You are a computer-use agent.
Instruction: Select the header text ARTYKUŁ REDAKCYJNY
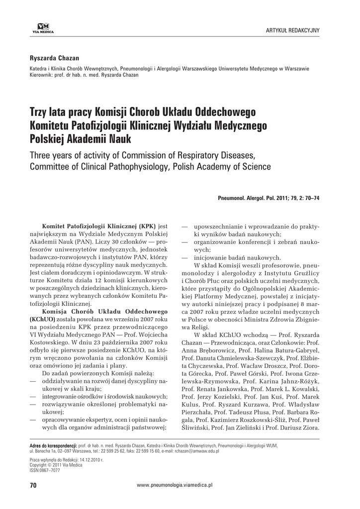(293, 30)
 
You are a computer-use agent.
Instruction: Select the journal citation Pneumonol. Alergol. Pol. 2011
(259, 198)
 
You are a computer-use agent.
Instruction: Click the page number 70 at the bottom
(34, 484)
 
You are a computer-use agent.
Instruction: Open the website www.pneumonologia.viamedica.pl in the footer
(175, 484)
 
